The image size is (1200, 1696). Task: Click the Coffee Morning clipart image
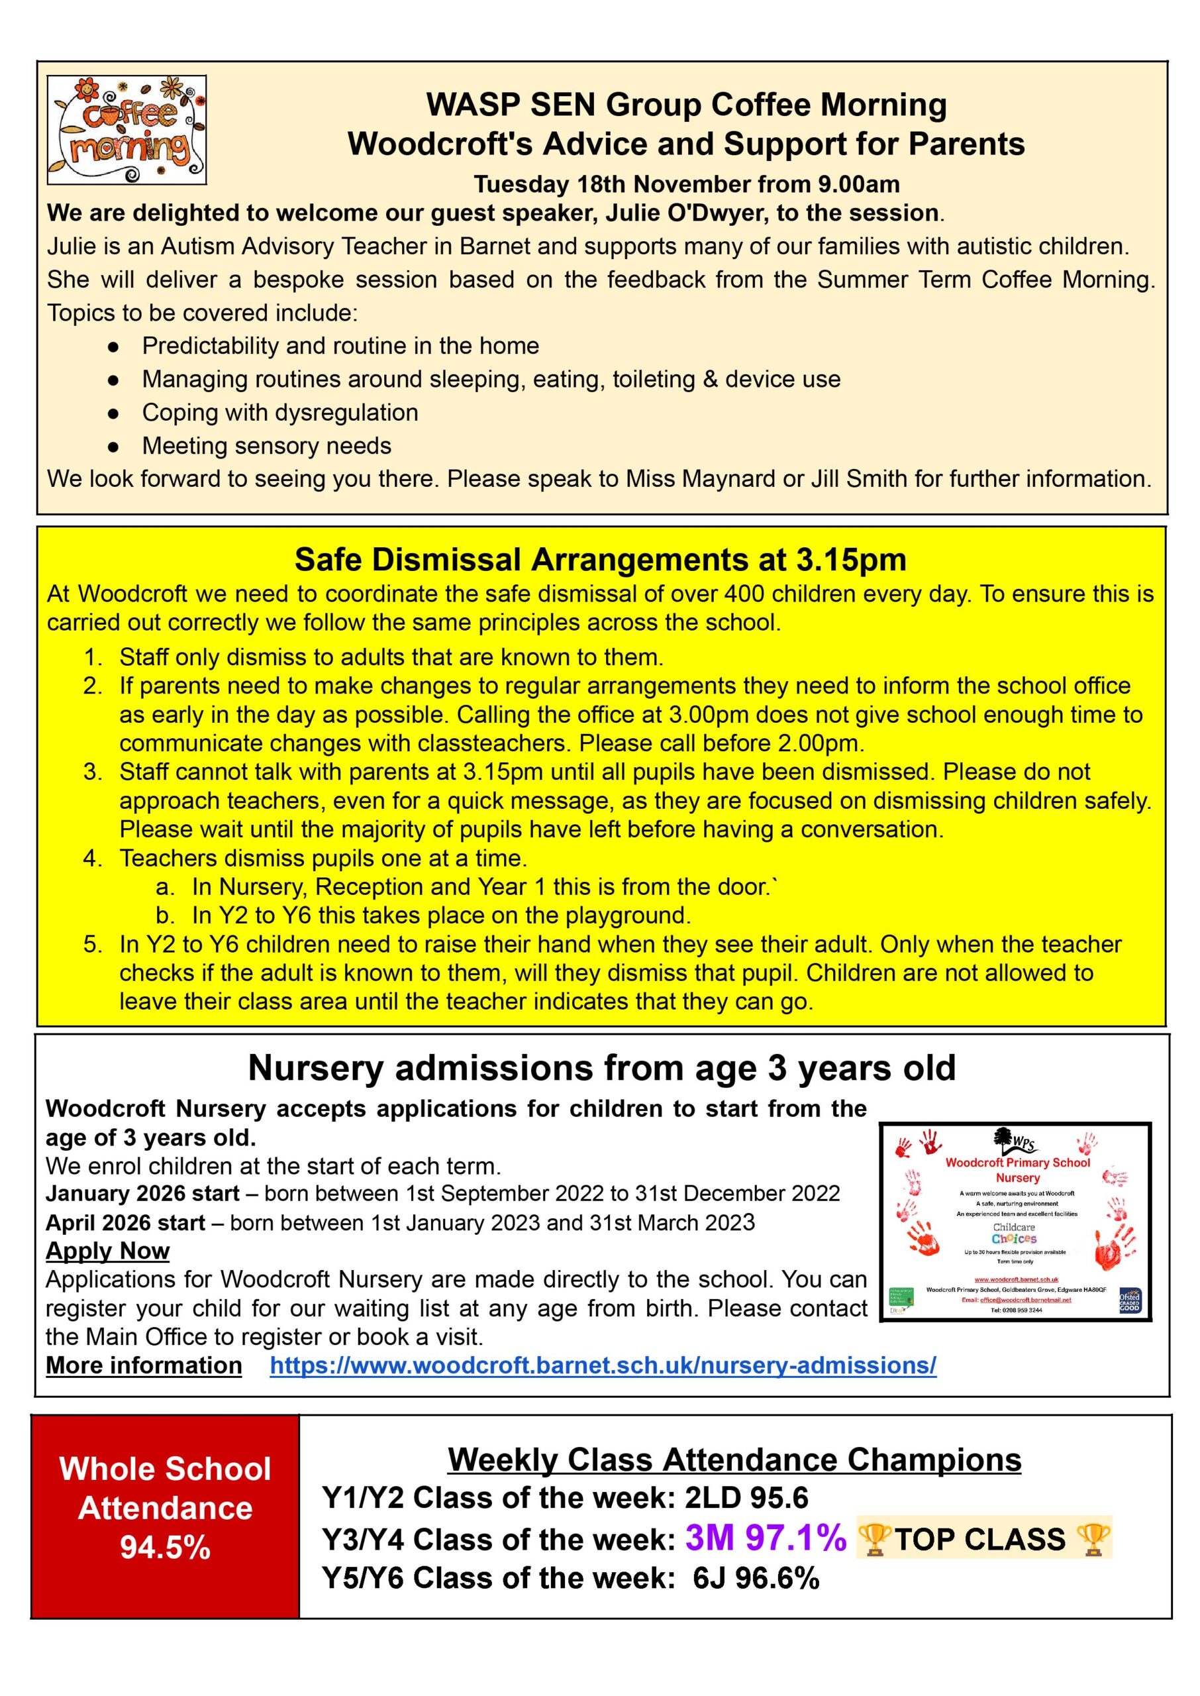(x=126, y=130)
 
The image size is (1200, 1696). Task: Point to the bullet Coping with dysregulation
(x=280, y=412)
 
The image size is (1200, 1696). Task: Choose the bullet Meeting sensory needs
(x=267, y=446)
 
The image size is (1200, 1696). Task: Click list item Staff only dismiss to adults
(x=391, y=657)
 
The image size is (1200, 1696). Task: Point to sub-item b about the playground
(x=441, y=916)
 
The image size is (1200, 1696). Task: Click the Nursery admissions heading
(x=601, y=1068)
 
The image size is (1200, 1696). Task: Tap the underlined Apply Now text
(x=108, y=1250)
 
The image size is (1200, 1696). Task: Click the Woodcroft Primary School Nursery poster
(x=1015, y=1222)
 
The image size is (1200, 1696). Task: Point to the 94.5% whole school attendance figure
(x=165, y=1547)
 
